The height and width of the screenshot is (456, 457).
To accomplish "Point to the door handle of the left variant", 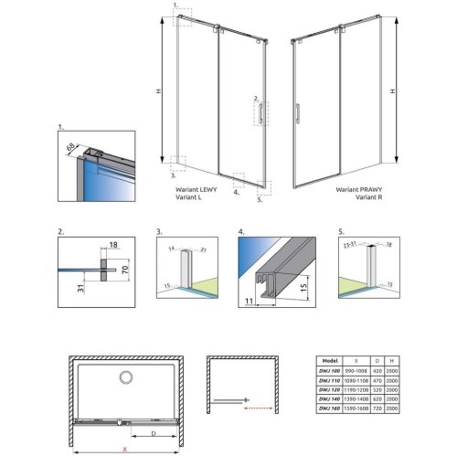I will [x=261, y=112].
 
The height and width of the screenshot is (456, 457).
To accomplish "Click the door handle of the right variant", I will [x=295, y=113].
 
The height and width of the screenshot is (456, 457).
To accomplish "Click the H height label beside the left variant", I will [x=161, y=90].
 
